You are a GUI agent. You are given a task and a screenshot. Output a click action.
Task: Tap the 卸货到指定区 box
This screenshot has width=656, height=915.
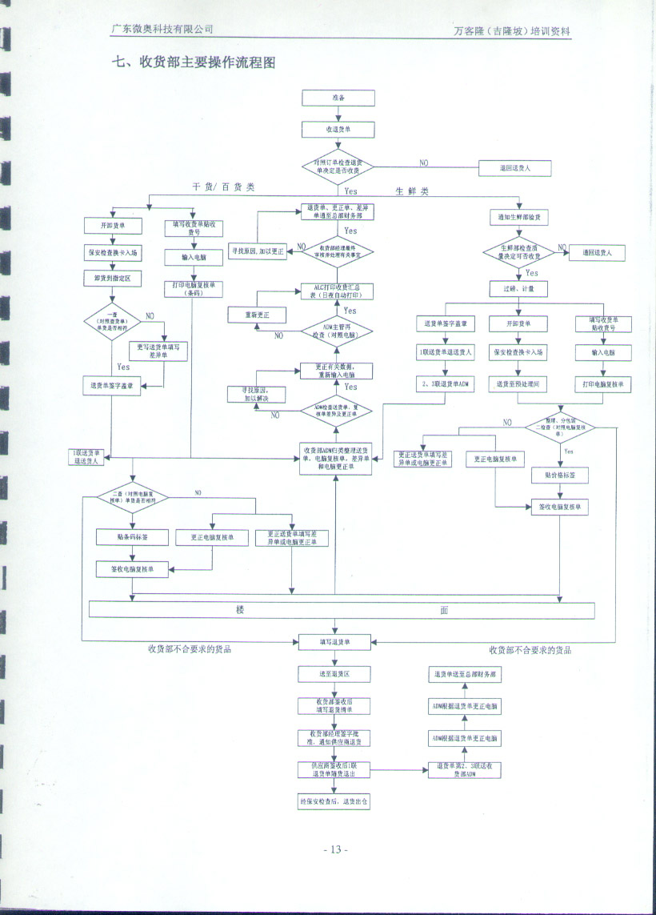coord(112,278)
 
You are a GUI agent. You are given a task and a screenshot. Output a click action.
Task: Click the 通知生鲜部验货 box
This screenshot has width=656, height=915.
coord(518,218)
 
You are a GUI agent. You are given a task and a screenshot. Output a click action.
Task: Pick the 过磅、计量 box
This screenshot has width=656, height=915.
coord(518,287)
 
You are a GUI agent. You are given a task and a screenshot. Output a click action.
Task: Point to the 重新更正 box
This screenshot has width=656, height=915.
coord(257,315)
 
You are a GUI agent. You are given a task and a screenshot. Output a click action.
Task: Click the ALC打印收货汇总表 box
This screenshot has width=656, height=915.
coord(337,290)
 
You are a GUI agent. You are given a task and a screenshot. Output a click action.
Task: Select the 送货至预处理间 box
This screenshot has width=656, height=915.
coord(518,384)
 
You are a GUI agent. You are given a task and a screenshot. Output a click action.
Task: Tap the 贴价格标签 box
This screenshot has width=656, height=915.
coord(560,476)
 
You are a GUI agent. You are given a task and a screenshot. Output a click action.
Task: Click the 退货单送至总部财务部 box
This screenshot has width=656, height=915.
coord(466,675)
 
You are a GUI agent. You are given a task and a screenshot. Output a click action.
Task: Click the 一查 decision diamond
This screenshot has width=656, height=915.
coord(112,323)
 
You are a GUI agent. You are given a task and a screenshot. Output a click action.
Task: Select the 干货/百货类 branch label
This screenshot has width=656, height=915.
coord(223,187)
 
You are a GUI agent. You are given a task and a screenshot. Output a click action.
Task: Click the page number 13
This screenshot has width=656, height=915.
coord(335,849)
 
